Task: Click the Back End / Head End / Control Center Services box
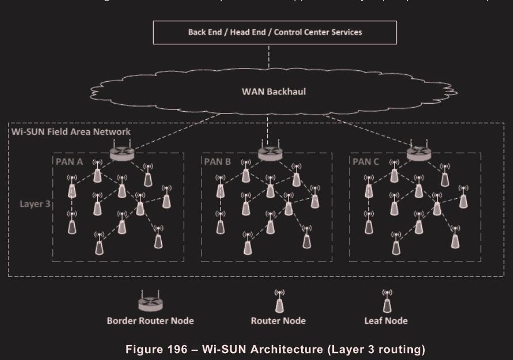275,32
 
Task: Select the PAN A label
69,161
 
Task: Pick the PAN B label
217,161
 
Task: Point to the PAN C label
366,161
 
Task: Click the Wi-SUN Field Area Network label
71,131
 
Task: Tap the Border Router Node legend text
150,321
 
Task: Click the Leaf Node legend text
387,321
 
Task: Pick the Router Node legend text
279,321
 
